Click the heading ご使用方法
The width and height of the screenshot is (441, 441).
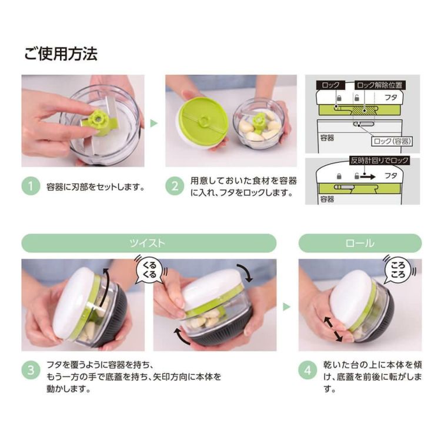point(61,54)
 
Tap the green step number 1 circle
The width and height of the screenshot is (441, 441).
point(31,186)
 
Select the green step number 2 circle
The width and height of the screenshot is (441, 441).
point(175,186)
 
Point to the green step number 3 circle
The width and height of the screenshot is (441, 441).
point(31,370)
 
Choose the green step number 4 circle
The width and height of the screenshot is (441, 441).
point(308,370)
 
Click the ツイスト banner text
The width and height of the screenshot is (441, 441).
point(147,243)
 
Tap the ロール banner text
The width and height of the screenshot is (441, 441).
point(360,243)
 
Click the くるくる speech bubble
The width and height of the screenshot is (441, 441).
point(149,270)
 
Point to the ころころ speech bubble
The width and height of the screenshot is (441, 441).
point(398,270)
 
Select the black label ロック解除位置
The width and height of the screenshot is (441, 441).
point(379,85)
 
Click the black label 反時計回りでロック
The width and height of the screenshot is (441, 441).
point(379,161)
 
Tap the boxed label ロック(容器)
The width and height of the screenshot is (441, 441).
point(392,141)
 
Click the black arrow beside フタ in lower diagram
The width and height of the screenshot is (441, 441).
point(368,177)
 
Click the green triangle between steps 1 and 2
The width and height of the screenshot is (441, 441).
point(154,123)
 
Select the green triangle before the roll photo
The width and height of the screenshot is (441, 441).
point(286,306)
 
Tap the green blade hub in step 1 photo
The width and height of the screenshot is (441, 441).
point(97,120)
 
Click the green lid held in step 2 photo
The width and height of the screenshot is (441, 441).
point(201,121)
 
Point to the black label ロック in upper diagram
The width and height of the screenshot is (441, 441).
point(330,85)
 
